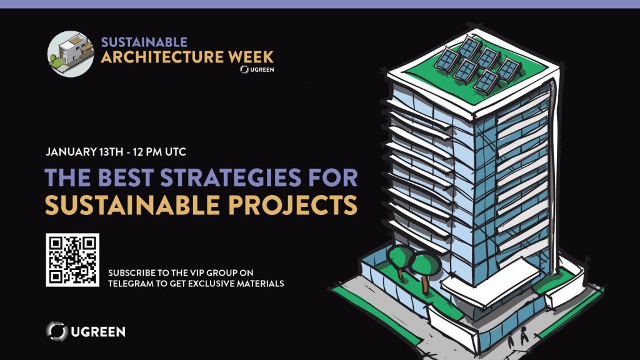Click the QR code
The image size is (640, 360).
pos(72,260)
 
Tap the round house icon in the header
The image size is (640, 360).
pos(71,54)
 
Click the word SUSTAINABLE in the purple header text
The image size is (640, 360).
pos(144,42)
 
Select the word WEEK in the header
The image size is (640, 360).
pos(251,57)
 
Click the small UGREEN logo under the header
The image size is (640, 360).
pos(257,69)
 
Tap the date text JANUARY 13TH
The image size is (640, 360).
pos(84,152)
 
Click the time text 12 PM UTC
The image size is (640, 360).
pos(159,152)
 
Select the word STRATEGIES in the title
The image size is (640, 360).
pos(231,177)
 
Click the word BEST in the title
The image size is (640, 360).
pos(126,177)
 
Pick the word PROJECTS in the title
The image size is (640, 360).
pos(292,205)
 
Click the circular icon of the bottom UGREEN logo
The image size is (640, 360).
pos(57,331)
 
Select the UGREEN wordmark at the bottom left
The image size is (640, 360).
pos(98,332)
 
